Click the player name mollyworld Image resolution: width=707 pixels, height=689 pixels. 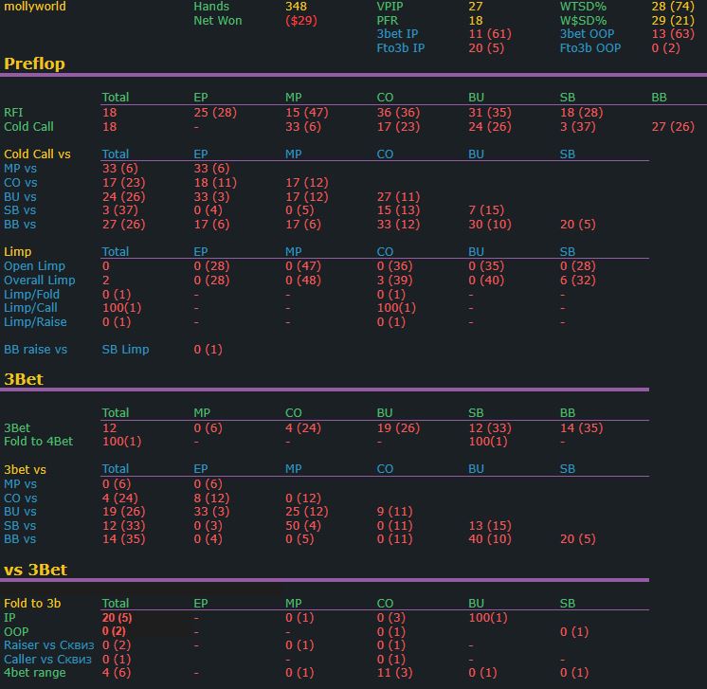click(x=35, y=7)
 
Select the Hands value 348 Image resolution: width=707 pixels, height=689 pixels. click(x=296, y=7)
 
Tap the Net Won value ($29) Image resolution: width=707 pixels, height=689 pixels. click(x=301, y=21)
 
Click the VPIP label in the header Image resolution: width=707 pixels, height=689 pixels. click(x=390, y=7)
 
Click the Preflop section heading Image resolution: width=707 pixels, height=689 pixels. click(x=34, y=64)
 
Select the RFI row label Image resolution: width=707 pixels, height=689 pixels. click(x=13, y=113)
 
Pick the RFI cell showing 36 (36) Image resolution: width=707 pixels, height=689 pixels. click(x=398, y=113)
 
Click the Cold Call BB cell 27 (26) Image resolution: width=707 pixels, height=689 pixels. click(x=673, y=126)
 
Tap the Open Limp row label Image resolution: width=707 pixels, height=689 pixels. click(x=34, y=266)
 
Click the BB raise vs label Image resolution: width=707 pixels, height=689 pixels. click(x=35, y=350)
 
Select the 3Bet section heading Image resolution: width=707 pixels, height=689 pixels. click(x=23, y=379)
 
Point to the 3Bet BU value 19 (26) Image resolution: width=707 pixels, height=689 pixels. click(x=398, y=428)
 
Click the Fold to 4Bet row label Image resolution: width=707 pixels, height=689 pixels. click(x=38, y=442)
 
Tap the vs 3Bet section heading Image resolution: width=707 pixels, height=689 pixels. click(x=35, y=570)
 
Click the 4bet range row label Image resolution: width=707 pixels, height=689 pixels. click(x=35, y=673)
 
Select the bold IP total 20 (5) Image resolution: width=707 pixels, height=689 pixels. click(x=117, y=618)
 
